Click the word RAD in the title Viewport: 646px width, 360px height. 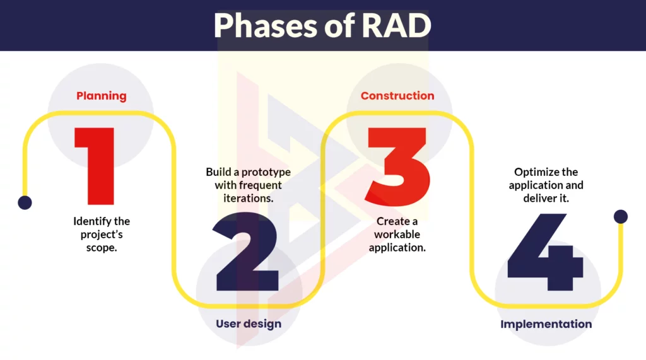coord(396,25)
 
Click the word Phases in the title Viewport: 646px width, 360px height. coord(266,26)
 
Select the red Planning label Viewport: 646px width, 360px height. coord(102,96)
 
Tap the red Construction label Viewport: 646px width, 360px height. coord(397,96)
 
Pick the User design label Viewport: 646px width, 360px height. coord(249,324)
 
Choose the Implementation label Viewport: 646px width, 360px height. coord(546,324)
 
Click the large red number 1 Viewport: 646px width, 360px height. coord(95,166)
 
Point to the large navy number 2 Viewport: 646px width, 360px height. coord(245,252)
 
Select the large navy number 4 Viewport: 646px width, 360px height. coord(545,252)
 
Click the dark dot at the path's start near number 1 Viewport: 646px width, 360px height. coord(25,202)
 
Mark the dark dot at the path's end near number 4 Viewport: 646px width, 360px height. coord(621,217)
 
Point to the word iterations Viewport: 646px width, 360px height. coord(249,198)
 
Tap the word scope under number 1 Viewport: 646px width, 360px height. coord(102,248)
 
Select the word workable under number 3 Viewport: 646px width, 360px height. coord(397,235)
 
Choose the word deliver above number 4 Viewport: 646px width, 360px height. coord(536,198)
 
